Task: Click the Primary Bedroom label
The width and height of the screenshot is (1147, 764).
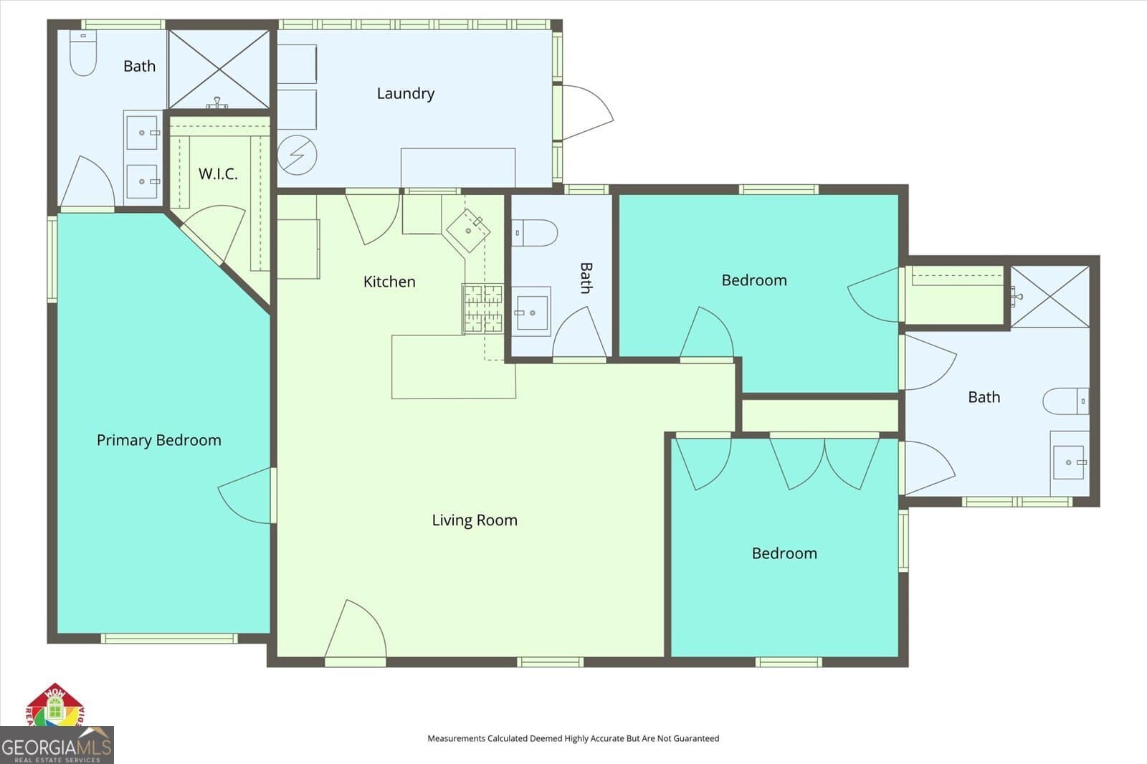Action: pos(158,440)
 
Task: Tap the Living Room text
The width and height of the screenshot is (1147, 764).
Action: pos(474,520)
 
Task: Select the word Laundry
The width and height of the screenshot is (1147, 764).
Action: pos(405,93)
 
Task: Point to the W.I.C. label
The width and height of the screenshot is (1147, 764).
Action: pos(217,173)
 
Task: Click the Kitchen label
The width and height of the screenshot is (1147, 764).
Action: pos(389,282)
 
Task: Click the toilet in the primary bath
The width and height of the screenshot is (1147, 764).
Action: pos(83,54)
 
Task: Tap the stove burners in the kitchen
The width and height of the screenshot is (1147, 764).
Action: pos(482,308)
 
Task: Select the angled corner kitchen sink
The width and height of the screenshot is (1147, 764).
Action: pos(468,230)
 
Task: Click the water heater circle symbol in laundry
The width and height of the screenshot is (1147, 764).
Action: pos(297,155)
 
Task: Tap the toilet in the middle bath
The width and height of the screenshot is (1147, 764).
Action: pos(536,233)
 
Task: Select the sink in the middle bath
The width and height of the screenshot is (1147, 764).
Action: pos(531,312)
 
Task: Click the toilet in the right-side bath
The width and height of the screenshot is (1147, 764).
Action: pos(1066,401)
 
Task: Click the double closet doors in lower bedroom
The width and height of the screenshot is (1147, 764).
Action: pos(824,463)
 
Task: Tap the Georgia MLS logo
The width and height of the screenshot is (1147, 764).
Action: pos(56,745)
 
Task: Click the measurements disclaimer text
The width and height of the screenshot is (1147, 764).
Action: pos(573,738)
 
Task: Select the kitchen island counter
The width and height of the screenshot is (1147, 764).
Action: pos(453,367)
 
